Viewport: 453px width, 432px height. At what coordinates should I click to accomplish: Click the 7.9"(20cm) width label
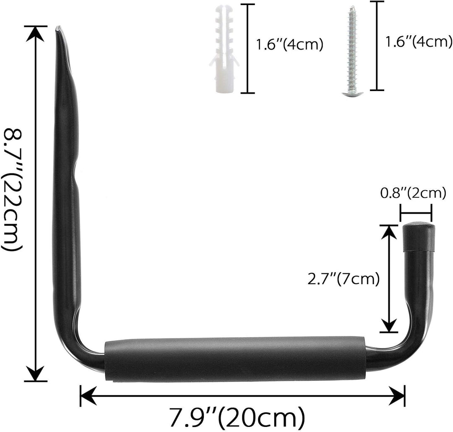pos(237,416)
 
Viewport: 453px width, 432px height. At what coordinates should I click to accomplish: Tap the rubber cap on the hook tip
pos(418,237)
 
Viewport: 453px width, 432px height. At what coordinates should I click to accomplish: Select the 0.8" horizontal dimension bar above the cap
pos(416,212)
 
